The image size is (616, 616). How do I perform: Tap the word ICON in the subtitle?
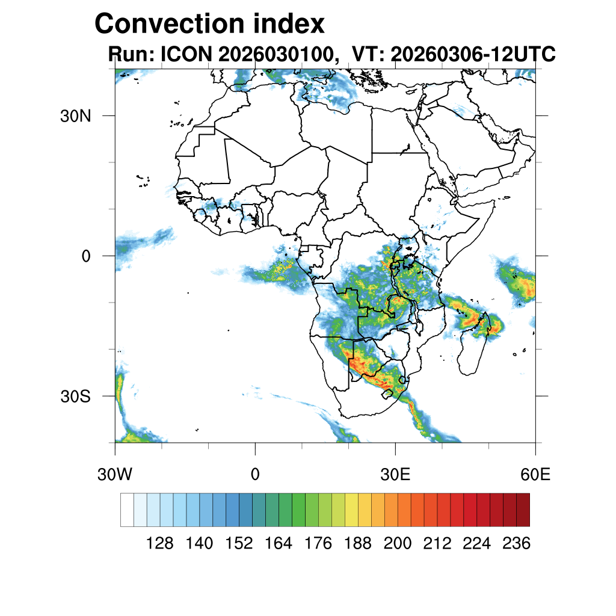tap(186, 54)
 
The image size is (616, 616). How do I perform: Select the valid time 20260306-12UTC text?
tap(473, 54)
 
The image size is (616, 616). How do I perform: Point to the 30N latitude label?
tap(75, 116)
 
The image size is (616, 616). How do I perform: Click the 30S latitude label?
tap(75, 396)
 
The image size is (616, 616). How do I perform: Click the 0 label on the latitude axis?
tap(86, 256)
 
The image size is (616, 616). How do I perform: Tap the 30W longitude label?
tap(115, 474)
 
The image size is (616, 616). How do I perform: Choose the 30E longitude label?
tap(395, 474)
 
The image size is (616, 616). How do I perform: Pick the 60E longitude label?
tap(535, 474)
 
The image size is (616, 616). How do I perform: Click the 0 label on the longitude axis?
tap(255, 474)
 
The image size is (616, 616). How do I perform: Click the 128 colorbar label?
tap(159, 543)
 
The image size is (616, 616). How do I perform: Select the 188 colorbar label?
tap(357, 543)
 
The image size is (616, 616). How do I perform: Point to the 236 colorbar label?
tap(516, 543)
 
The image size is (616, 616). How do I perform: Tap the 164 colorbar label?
tap(278, 543)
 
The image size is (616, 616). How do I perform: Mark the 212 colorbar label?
tap(437, 543)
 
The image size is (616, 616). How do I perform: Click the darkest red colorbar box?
tap(523, 510)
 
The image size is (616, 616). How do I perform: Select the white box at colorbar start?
tap(128, 510)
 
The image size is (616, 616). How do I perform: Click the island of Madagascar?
tap(473, 346)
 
